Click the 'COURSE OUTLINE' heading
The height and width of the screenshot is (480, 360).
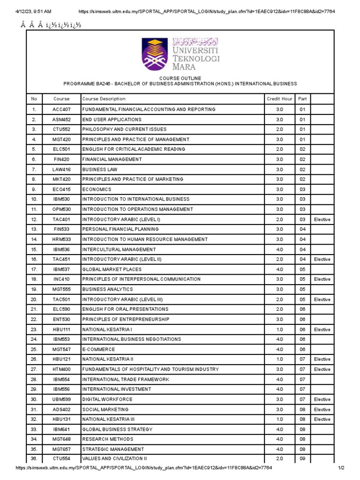click(180, 78)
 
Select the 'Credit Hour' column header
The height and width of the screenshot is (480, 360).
click(279, 99)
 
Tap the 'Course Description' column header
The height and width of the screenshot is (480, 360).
click(104, 99)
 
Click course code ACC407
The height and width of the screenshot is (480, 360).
click(61, 109)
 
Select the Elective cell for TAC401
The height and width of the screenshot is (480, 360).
click(322, 219)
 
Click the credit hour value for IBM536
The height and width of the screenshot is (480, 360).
click(279, 249)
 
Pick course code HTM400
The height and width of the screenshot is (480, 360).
click(61, 369)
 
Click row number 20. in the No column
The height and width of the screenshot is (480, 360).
click(34, 300)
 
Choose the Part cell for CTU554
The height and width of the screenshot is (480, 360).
click(302, 459)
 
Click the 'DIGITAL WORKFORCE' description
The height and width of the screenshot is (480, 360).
click(107, 399)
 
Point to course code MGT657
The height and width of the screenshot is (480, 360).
click(61, 449)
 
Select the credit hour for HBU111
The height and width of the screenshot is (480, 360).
click(279, 330)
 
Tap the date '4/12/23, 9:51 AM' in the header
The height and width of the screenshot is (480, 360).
click(33, 11)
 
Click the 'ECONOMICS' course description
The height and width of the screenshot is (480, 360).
click(97, 189)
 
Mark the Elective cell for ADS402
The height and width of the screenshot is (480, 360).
click(322, 410)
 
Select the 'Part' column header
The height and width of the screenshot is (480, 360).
click(302, 99)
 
